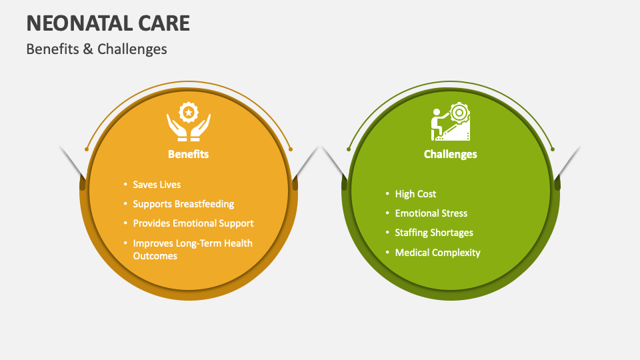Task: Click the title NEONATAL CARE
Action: point(108,23)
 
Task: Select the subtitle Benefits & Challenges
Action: point(97,49)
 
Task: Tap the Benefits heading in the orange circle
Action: point(188,154)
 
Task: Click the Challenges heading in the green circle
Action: point(450,154)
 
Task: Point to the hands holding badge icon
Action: point(189,121)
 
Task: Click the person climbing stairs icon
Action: point(450,122)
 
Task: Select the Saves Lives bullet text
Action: point(157,185)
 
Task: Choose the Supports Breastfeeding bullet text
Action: point(183,204)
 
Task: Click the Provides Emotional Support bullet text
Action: point(193,223)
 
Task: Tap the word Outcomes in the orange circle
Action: point(155,256)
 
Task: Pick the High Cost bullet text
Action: point(415,194)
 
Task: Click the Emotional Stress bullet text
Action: point(431,213)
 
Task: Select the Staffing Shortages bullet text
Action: point(434,233)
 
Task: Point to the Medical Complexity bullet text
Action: point(437,253)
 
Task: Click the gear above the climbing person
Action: point(458,111)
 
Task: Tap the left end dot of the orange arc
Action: point(87,149)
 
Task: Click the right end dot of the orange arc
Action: point(291,149)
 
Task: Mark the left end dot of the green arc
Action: point(348,149)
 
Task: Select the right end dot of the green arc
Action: point(553,149)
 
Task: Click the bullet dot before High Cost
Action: point(387,194)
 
